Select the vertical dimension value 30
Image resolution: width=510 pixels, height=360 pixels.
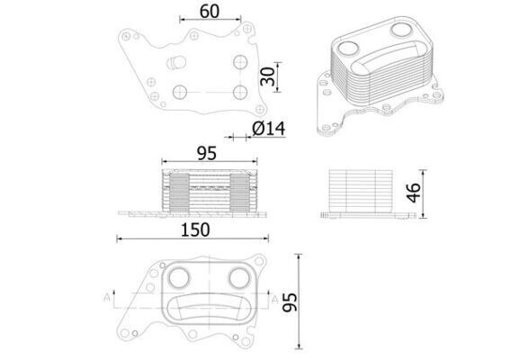[267, 77]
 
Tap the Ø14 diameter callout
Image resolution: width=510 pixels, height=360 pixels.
[269, 129]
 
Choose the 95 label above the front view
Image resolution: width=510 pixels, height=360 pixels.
[207, 154]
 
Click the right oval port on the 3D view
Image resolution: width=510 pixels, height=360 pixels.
[402, 30]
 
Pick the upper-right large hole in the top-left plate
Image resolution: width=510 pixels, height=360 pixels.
[239, 62]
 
